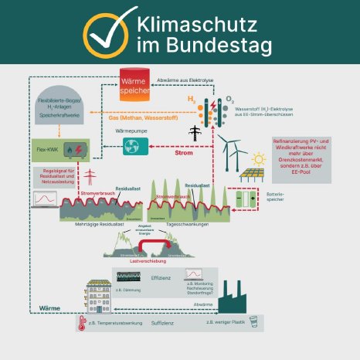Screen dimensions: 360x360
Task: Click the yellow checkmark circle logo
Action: click(x=107, y=32)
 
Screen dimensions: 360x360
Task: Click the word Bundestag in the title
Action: click(x=204, y=46)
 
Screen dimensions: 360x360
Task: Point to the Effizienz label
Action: click(x=161, y=276)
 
